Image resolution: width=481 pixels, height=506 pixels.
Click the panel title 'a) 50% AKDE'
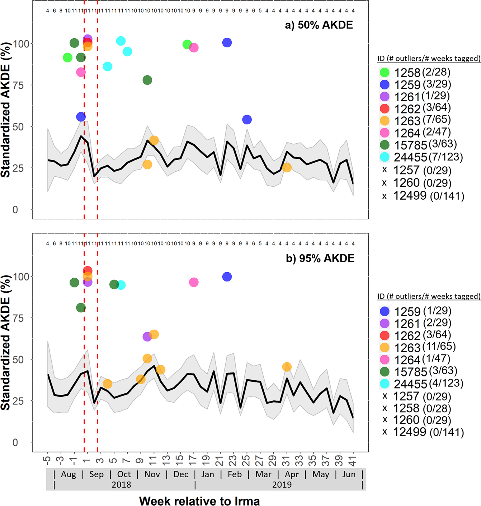[319, 25]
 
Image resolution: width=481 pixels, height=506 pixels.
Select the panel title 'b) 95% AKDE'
[320, 258]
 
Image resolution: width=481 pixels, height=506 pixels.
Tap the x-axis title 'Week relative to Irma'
[199, 501]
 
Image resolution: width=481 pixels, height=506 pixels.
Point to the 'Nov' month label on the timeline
[152, 474]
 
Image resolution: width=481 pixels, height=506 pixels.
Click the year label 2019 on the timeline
[282, 484]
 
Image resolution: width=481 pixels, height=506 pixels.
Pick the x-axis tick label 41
[353, 460]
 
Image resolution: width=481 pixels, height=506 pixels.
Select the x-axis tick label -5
[47, 460]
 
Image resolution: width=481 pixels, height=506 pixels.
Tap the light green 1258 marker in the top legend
[385, 73]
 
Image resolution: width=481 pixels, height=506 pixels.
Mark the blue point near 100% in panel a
[227, 43]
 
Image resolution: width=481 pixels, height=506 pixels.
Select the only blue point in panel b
[227, 277]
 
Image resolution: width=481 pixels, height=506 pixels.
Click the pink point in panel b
[194, 282]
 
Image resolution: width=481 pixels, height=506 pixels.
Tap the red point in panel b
[88, 271]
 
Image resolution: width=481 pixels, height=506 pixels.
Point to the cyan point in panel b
[121, 285]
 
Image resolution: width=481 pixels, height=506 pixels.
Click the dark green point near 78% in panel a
[147, 80]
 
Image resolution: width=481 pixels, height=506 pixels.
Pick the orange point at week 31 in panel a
[287, 167]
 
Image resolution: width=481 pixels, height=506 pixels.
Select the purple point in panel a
[88, 39]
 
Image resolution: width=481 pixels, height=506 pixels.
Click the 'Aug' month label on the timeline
[69, 474]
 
